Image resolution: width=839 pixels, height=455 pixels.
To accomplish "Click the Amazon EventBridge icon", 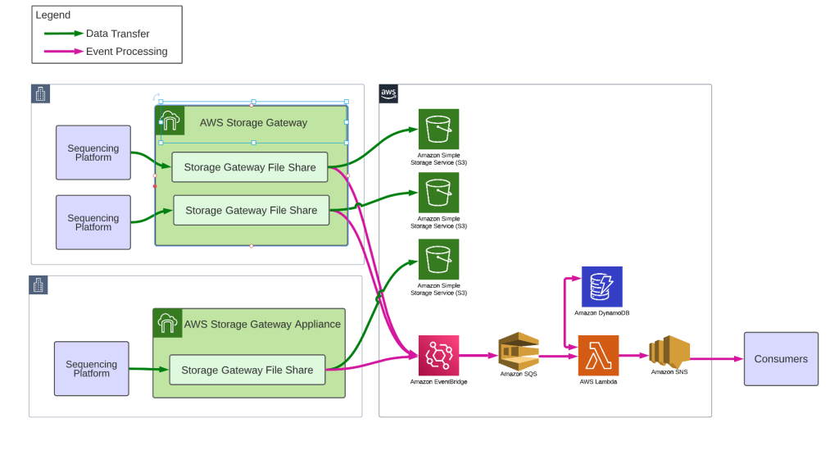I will tap(438, 355).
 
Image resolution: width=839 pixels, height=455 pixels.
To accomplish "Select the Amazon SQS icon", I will tap(519, 350).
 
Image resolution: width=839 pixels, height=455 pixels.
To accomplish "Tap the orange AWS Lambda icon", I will tap(598, 355).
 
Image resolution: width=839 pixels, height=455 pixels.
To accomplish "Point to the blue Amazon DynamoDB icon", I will tap(601, 287).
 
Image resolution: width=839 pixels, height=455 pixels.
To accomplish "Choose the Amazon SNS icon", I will tap(669, 351).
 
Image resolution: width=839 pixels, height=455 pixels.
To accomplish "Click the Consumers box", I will tap(780, 359).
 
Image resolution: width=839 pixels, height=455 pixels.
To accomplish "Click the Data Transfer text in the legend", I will tap(117, 34).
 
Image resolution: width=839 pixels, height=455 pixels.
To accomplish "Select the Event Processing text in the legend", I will tap(126, 51).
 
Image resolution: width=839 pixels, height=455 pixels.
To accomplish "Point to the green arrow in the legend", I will tap(63, 34).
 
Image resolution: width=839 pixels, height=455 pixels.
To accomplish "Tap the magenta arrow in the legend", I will tap(63, 51).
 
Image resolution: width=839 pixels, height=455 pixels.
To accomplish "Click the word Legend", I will tap(53, 15).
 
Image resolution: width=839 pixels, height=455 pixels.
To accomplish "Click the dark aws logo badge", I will tap(388, 93).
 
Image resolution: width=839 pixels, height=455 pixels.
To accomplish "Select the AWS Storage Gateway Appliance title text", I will tap(262, 324).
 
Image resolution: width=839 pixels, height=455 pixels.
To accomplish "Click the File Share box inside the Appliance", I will tap(247, 370).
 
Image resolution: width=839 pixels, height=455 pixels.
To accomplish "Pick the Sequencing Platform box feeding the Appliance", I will tap(92, 368).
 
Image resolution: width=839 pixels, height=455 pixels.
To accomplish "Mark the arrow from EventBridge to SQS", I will tap(478, 356).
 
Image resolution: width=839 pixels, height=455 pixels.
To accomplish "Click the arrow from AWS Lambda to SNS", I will tap(633, 356).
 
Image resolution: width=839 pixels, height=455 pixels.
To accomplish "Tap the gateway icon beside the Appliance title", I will tap(167, 323).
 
